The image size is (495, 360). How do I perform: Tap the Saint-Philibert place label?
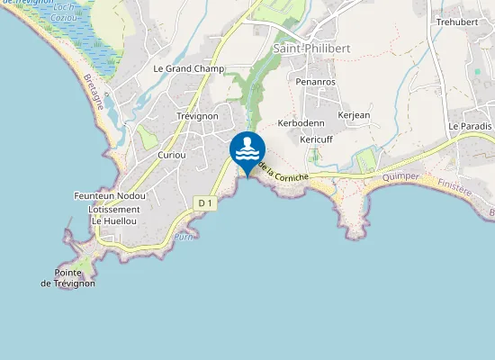coord(310,48)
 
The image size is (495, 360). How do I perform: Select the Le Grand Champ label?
coord(188,68)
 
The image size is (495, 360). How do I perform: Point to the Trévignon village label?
coord(197,116)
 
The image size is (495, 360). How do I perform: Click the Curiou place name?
coord(171,155)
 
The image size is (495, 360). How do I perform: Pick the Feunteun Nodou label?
coord(110,195)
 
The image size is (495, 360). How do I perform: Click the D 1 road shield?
coord(205,204)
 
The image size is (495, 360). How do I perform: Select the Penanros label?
coord(315,81)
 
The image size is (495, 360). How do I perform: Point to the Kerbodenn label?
coord(301,122)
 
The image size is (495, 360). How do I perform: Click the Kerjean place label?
coord(354,115)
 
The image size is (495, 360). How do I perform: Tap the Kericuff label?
coord(316,139)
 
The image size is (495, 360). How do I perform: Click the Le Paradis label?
coord(471,126)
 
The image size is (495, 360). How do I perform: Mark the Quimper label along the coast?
coord(400,177)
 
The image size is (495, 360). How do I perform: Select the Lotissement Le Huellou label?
coord(113,215)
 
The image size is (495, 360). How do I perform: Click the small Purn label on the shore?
coord(184,237)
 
